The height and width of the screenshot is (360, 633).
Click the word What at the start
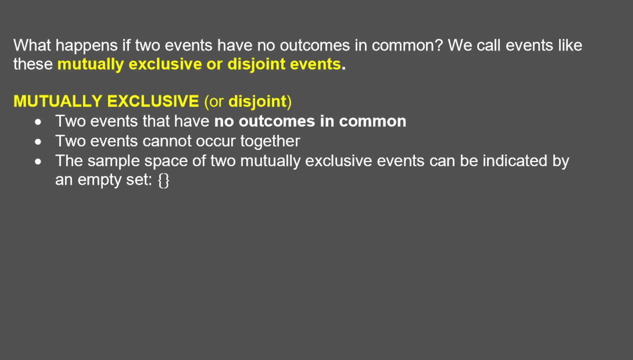[32, 45]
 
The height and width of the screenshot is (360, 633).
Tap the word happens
[87, 46]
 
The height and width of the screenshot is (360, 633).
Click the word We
[460, 45]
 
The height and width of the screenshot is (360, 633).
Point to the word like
[570, 45]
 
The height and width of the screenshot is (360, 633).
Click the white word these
[33, 64]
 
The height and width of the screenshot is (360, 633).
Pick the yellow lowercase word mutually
[91, 65]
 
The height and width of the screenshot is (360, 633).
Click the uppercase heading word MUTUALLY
[58, 101]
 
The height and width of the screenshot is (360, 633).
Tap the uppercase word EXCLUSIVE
[153, 101]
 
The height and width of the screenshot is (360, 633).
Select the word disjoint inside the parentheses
[257, 102]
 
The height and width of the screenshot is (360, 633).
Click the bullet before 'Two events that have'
[38, 122]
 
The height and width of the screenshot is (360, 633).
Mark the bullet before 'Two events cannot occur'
[38, 142]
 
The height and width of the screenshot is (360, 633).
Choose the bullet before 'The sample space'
[38, 162]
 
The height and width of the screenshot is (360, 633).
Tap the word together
[270, 142]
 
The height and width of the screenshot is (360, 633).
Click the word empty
[100, 181]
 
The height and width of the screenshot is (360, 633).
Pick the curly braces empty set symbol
[164, 181]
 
